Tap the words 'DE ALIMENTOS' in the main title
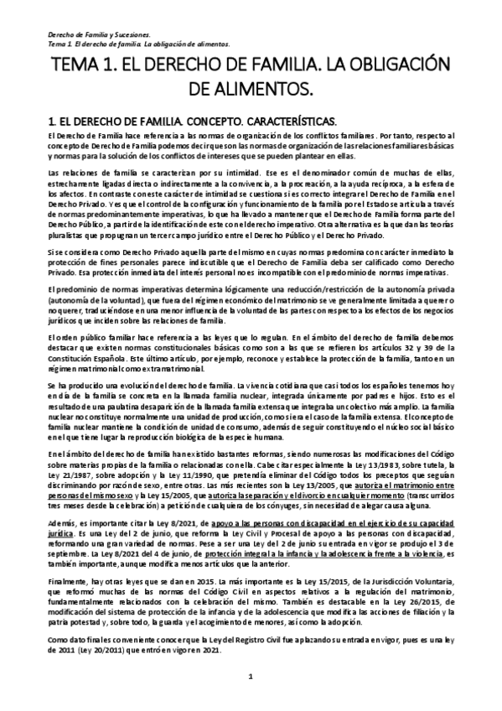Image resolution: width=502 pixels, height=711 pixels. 251,87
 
